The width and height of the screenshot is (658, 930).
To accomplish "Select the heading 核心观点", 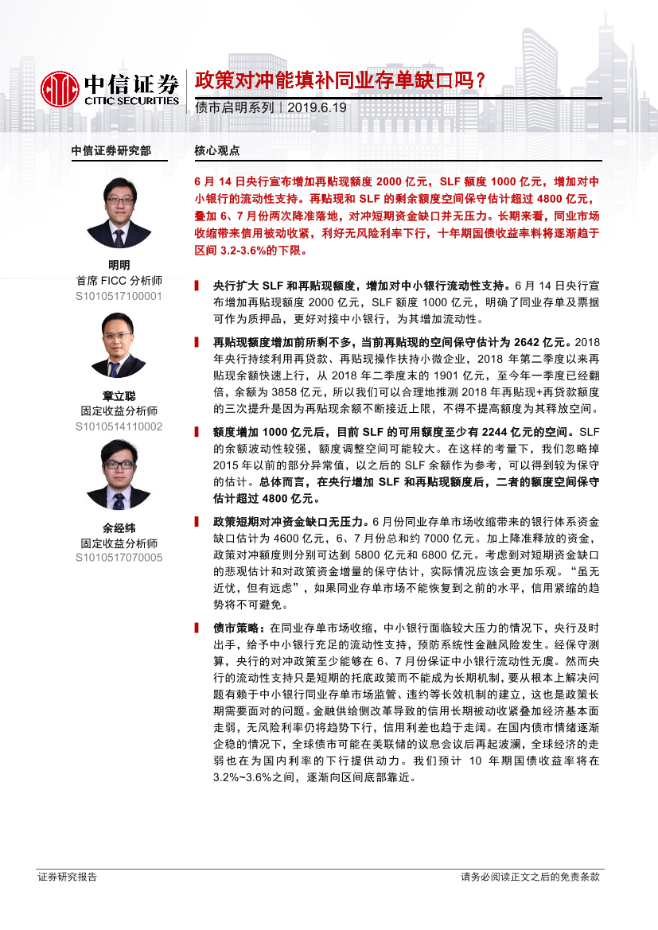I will [x=217, y=150].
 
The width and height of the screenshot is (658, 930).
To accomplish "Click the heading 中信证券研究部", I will [x=111, y=150].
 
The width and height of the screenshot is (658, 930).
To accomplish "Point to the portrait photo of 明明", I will [x=119, y=212].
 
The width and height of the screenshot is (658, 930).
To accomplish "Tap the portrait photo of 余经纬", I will [x=119, y=475].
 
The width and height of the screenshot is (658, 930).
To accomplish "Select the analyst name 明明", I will [x=119, y=266].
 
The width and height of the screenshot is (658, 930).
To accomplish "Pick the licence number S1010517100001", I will [x=119, y=296].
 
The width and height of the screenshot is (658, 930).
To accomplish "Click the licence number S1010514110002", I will [x=119, y=426].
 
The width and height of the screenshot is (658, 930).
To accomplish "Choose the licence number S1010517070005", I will [x=119, y=558].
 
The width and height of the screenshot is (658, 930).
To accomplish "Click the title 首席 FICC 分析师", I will [x=119, y=281].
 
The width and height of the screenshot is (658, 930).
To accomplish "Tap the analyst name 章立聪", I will [x=119, y=396].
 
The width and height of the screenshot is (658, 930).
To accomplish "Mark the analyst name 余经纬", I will [x=119, y=527].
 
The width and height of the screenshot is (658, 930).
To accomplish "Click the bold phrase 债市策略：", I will [x=236, y=628].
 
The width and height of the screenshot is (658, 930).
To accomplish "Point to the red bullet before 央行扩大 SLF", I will [x=197, y=284].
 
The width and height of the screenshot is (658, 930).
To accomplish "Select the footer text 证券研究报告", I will [x=68, y=877].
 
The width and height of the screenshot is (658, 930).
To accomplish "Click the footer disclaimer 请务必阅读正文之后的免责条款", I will [x=530, y=877].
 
